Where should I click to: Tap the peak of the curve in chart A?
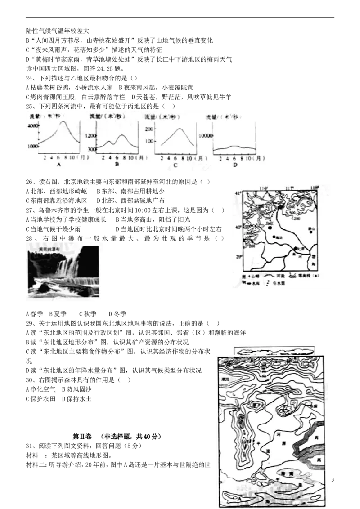[x=63, y=121]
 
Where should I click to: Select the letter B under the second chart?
[x=117, y=165]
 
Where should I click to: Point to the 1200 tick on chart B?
[x=90, y=135]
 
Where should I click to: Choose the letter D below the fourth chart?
[x=234, y=165]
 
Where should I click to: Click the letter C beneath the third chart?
[x=175, y=165]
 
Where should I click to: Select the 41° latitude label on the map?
[x=239, y=193]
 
